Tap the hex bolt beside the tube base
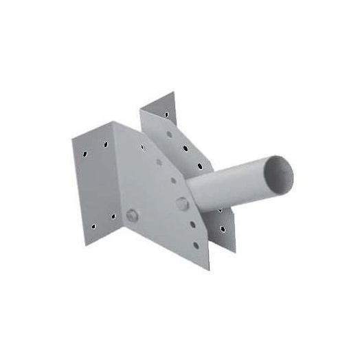[x=181, y=203]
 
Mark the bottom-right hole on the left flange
[x=111, y=218]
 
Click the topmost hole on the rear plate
[x=166, y=113]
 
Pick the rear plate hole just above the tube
[x=200, y=166]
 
